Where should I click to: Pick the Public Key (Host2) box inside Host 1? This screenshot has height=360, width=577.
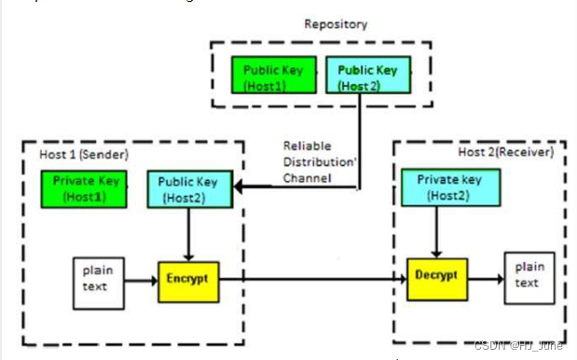(187, 189)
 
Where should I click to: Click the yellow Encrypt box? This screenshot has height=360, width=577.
(188, 278)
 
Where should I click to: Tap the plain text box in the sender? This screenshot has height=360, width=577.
(93, 277)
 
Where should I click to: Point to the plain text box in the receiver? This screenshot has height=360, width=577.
(527, 277)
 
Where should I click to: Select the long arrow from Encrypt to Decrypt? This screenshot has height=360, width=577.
(313, 278)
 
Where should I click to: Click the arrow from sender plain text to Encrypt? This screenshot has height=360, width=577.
(140, 278)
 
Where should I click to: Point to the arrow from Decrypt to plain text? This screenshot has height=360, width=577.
(485, 277)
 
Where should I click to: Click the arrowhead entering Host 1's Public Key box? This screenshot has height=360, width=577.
(240, 188)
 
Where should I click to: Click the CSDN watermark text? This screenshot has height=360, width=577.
(518, 345)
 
